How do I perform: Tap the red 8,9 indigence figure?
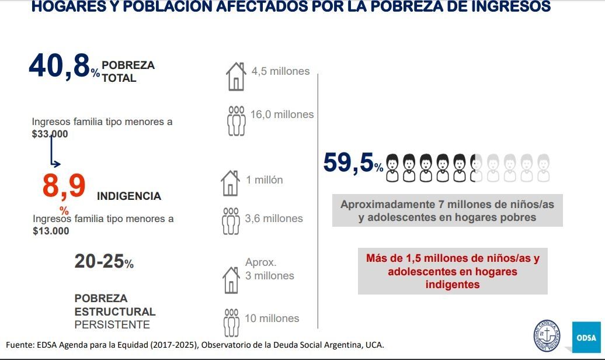tap(64, 186)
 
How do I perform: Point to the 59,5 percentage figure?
tap(349, 162)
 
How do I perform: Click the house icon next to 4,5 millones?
tap(235, 77)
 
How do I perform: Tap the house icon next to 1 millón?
tap(231, 184)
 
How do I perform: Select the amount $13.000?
tap(51, 230)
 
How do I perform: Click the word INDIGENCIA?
tap(128, 196)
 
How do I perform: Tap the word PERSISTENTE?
tap(112, 324)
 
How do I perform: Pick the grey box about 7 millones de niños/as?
tap(447, 210)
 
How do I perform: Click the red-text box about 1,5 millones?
tap(453, 271)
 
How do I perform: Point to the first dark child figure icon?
tap(393, 168)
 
